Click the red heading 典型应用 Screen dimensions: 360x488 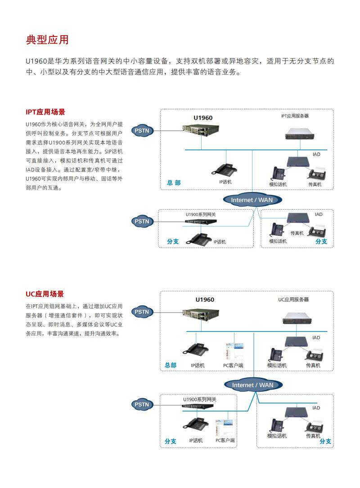47,40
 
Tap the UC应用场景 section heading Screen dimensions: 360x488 45,294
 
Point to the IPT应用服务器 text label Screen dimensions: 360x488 295,116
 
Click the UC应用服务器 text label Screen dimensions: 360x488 293,299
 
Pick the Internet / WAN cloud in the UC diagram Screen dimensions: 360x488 252,385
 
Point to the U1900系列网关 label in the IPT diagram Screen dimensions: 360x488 201,215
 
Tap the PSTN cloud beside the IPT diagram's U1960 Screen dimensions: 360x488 142,131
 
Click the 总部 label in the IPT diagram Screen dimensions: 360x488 174,183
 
